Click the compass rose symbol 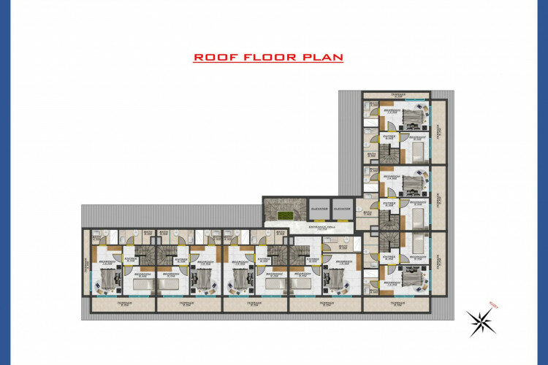coord(480,321)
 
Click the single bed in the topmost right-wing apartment coord(417,152)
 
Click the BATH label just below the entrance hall coord(343,247)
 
